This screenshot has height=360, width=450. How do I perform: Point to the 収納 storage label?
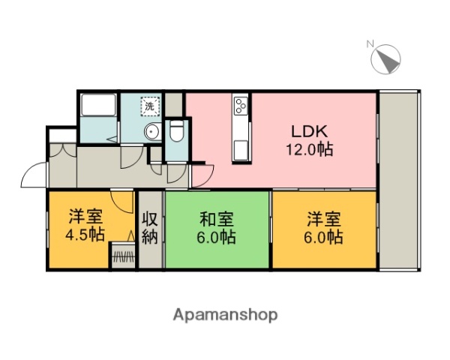tap(150, 229)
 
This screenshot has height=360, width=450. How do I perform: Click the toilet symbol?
tap(177, 132)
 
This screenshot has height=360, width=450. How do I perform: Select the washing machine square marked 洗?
tap(151, 106)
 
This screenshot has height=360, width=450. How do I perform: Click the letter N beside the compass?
tap(370, 44)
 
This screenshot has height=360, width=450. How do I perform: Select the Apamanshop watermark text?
tap(225, 315)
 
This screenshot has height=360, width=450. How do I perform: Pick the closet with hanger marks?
tap(123, 256)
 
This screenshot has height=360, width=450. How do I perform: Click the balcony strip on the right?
tap(400, 180)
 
